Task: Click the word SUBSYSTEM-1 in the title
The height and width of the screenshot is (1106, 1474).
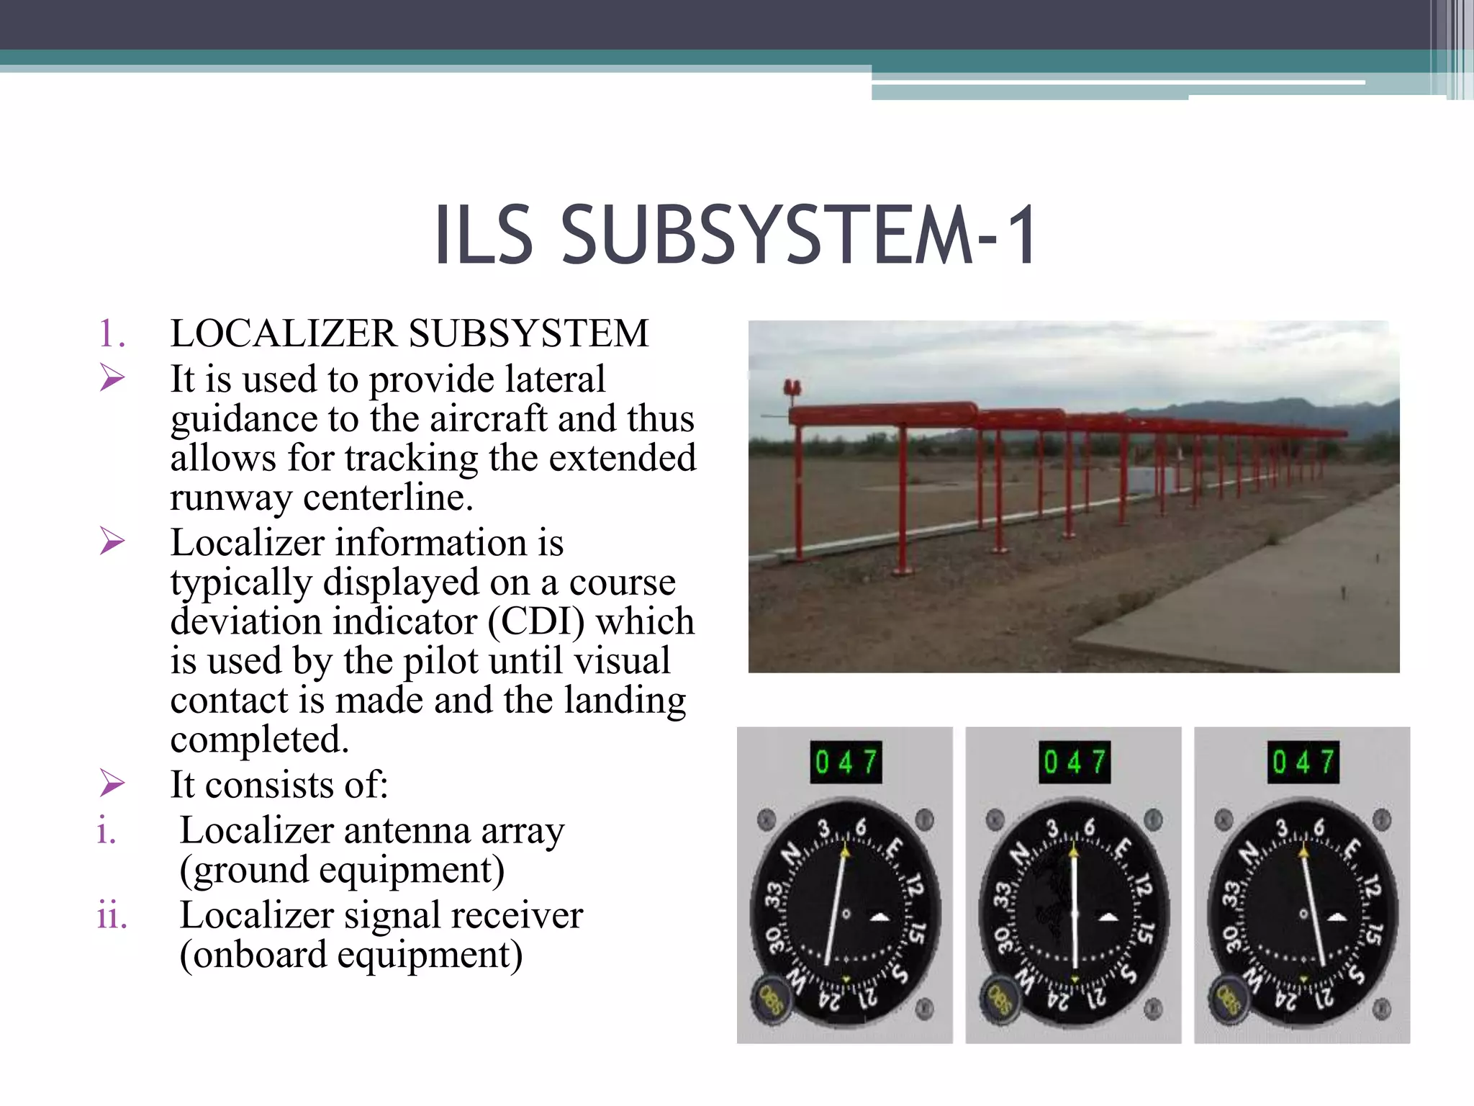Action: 799,235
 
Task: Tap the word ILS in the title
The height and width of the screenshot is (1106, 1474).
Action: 484,235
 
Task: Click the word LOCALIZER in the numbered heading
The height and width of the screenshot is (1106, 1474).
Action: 284,333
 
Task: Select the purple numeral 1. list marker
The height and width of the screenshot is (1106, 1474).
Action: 112,333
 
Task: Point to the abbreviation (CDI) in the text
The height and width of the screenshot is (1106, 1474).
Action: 536,621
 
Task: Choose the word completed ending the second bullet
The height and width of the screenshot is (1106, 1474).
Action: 260,739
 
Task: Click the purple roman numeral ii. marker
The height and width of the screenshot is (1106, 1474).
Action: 112,916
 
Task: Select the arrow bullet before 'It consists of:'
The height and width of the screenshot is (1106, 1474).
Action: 112,783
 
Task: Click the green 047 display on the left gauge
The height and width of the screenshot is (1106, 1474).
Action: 846,762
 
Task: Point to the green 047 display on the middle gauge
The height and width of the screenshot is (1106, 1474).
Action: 1074,762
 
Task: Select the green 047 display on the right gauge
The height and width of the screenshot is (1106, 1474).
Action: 1303,762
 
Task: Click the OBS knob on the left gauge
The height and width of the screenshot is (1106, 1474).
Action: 771,999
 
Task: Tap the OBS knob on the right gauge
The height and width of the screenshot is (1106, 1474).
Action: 1229,999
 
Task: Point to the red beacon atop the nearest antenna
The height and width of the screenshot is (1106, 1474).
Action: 793,389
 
